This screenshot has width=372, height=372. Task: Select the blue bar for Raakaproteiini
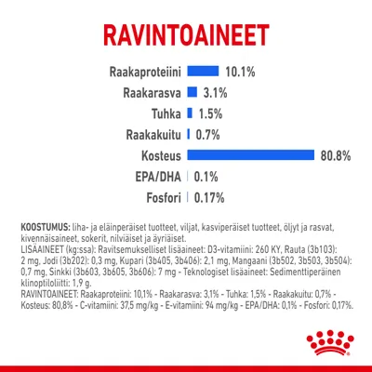203,72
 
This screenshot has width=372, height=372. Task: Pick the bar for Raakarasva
193,92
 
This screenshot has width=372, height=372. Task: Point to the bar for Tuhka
190,113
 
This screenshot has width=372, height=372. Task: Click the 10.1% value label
240,72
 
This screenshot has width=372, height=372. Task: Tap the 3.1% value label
215,92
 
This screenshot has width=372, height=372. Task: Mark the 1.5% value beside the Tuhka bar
210,113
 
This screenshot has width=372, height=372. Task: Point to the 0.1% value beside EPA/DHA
206,176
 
